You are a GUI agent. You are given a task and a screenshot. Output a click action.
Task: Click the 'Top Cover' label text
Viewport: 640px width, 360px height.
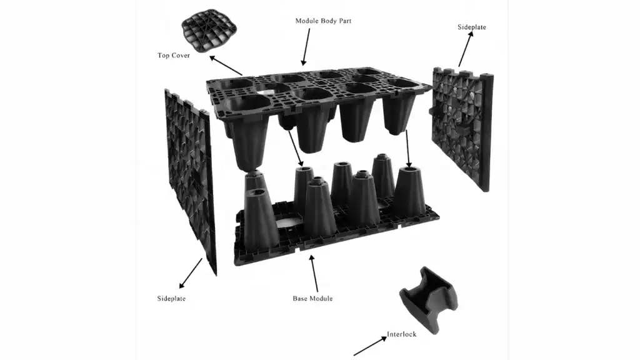pos(173,56)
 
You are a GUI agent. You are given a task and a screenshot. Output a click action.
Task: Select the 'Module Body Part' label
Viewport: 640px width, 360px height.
pos(323,21)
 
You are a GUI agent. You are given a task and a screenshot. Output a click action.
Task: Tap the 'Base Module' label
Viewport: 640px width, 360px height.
pos(312,298)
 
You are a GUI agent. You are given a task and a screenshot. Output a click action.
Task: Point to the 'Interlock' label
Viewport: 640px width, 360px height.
pos(401,334)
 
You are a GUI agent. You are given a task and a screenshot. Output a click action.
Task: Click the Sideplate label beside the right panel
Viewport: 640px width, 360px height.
pos(472,27)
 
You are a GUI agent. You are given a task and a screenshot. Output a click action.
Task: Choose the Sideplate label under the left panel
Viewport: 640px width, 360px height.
pos(171,298)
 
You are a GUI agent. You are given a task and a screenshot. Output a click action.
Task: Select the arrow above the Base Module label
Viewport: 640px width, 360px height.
pos(314,272)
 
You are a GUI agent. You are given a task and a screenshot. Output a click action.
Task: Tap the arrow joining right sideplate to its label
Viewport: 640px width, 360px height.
pos(466,49)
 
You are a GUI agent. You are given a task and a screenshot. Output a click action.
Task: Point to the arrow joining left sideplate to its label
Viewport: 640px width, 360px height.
pos(191,272)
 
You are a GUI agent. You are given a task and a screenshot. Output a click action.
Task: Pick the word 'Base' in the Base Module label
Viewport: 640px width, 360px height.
pos(301,298)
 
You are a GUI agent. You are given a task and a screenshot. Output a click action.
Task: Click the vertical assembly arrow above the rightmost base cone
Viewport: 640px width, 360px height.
pos(407,147)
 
